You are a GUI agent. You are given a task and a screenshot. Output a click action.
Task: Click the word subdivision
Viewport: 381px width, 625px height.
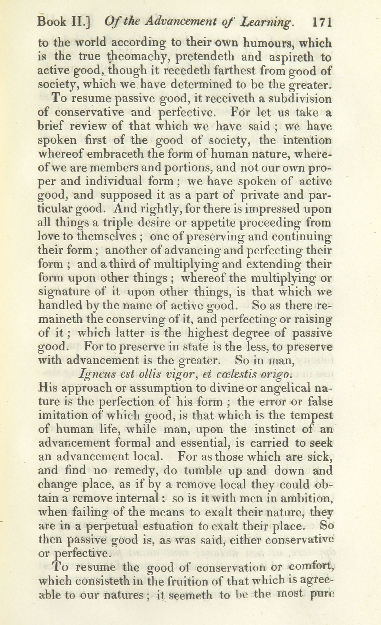(300, 99)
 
